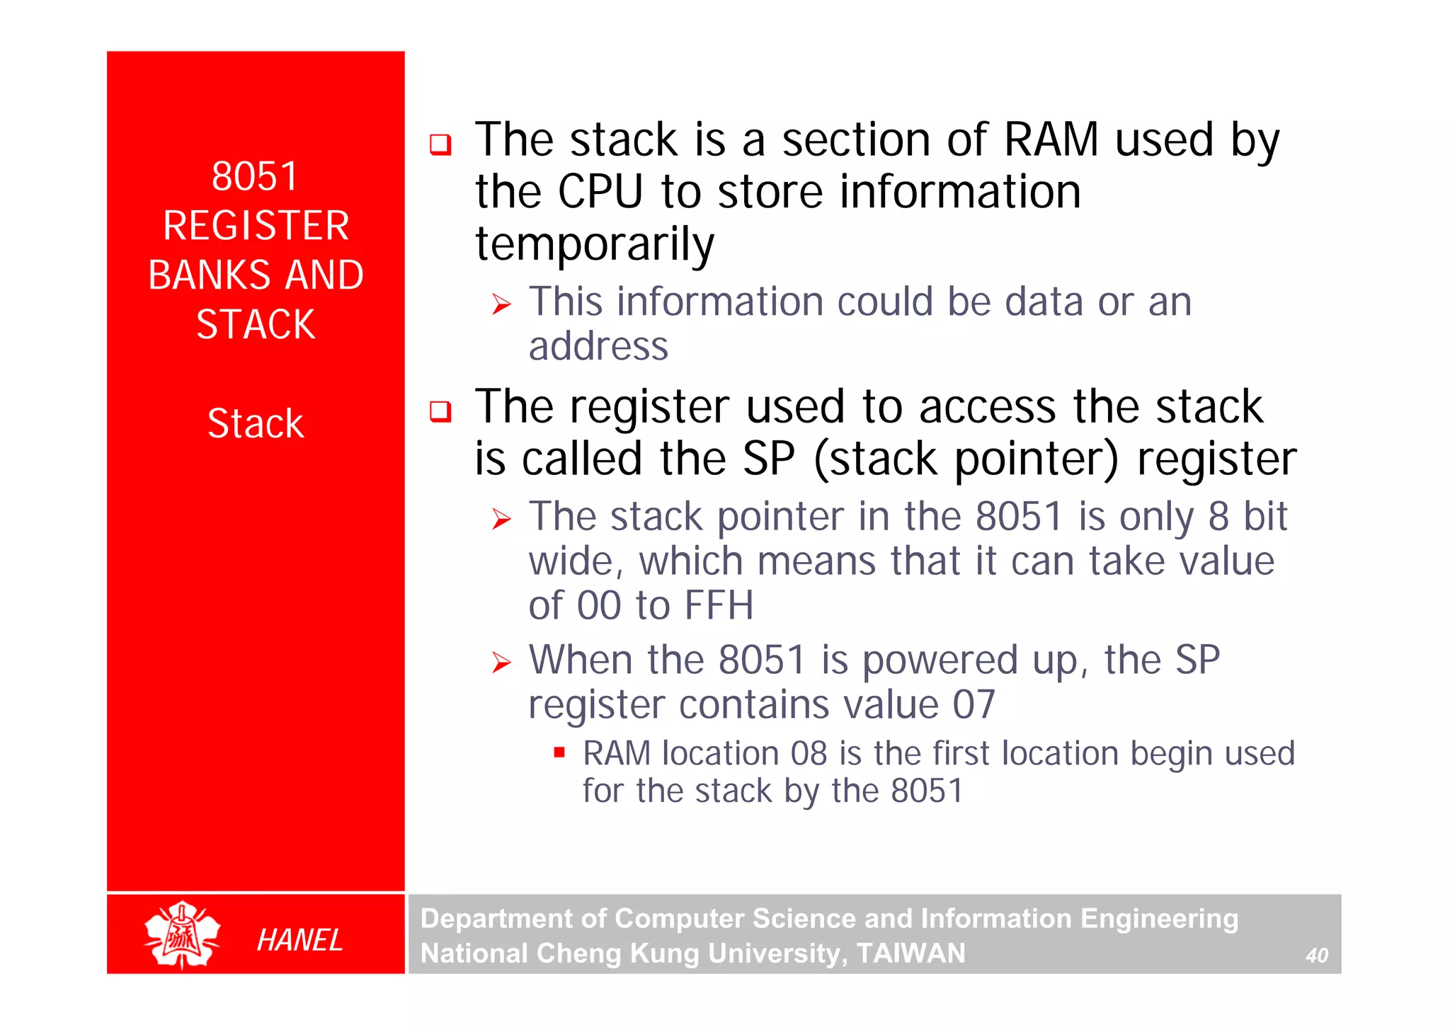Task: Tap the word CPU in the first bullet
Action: coord(600,192)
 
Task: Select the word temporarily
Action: coord(595,244)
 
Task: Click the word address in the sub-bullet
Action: coord(598,346)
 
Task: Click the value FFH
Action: coord(719,606)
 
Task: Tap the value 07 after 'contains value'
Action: coord(974,705)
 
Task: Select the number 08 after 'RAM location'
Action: coord(809,753)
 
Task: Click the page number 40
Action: coord(1316,956)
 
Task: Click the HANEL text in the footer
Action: coord(299,940)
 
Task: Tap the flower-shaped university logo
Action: coord(182,934)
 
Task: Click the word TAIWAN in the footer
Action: coord(910,954)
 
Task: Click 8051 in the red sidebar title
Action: coord(255,176)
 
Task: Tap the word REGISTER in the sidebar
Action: coord(256,226)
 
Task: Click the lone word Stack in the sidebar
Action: coord(256,423)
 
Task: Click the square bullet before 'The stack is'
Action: coord(440,144)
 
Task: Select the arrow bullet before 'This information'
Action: coord(501,305)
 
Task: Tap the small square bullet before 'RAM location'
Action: coord(559,752)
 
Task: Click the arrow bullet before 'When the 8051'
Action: coord(501,663)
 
